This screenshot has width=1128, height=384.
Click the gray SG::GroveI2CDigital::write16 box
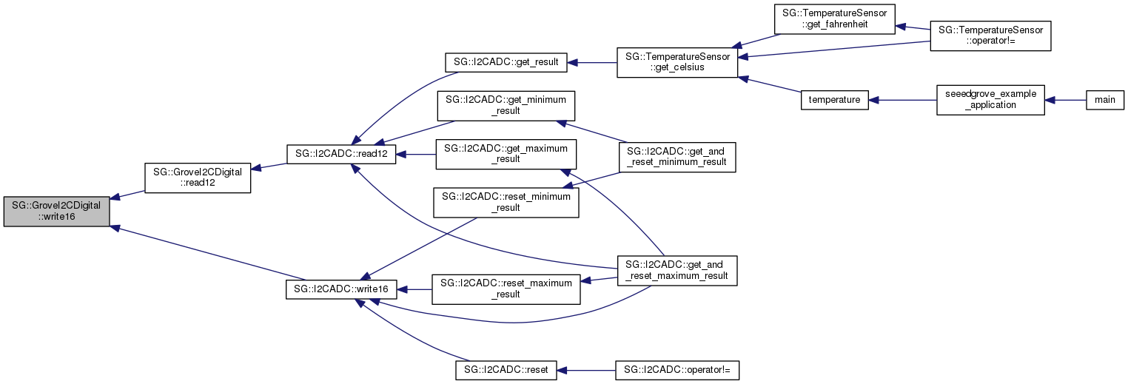point(57,212)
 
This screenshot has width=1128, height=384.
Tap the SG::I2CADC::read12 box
point(341,154)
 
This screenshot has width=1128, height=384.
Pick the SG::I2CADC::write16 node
point(342,289)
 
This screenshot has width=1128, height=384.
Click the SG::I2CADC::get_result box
point(506,62)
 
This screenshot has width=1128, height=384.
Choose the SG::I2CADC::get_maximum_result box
point(506,154)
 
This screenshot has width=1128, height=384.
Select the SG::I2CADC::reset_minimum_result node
point(506,202)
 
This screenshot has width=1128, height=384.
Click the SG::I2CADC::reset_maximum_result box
point(506,289)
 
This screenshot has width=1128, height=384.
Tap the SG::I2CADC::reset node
point(506,369)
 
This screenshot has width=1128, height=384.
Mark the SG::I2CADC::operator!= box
point(677,369)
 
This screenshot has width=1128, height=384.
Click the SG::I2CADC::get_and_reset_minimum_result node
point(677,156)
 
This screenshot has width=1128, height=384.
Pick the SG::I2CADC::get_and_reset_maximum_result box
point(677,270)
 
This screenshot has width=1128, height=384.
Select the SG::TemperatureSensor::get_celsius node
point(677,62)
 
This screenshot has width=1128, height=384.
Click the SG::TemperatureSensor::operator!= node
point(990,36)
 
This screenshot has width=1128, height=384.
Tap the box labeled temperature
point(834,100)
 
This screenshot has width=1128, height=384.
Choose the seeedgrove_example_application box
point(990,100)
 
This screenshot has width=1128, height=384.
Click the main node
point(1105,100)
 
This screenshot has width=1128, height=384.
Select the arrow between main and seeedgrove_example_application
point(1065,100)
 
